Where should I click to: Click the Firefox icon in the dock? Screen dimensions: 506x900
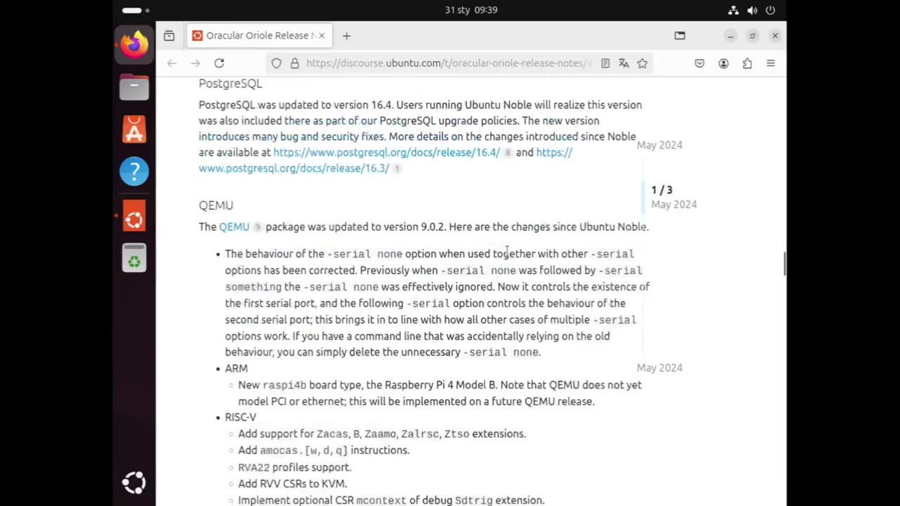tap(134, 44)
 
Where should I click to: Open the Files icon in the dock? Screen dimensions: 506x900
tap(134, 88)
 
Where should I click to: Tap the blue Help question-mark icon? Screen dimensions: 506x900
tap(134, 171)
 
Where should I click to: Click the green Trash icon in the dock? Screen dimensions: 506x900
tap(134, 259)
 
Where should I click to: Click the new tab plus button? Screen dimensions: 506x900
tap(346, 36)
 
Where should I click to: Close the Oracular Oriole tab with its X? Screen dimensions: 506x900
tap(321, 35)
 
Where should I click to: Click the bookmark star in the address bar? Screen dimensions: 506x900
tap(642, 63)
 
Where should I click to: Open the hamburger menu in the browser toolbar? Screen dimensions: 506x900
tap(771, 63)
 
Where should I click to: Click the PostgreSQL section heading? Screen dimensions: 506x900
tap(230, 84)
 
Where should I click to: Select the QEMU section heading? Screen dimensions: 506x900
tap(216, 205)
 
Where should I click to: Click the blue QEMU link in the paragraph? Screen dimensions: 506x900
tap(234, 227)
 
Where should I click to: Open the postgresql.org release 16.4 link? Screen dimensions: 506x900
tap(386, 153)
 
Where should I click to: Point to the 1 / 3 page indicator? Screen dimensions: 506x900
tap(662, 190)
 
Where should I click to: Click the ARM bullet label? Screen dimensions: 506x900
tap(236, 368)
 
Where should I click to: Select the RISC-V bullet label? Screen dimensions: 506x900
tap(240, 417)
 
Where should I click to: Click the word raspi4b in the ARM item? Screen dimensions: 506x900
tap(284, 385)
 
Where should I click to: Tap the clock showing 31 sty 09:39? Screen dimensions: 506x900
tap(471, 10)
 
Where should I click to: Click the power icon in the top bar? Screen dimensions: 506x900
tap(770, 10)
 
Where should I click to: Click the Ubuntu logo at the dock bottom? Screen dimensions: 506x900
tap(134, 482)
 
